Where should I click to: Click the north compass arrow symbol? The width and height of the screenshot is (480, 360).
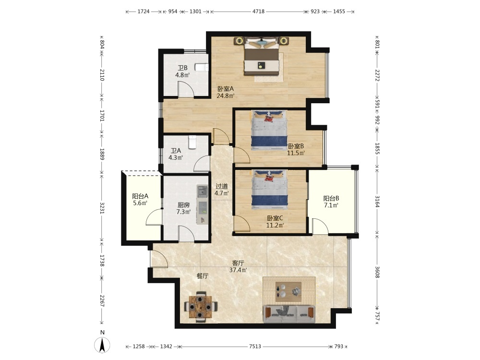102,345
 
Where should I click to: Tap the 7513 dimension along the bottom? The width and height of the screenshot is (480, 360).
255,347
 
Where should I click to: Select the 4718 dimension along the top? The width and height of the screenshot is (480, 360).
258,12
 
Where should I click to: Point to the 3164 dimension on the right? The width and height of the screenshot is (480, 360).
377,202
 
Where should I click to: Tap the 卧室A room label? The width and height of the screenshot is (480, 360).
226,88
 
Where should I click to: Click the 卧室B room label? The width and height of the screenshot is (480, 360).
296,146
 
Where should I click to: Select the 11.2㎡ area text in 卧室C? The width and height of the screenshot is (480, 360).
275,226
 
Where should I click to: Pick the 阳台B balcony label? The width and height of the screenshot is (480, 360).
331,198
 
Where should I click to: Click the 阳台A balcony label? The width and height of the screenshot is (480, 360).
140,196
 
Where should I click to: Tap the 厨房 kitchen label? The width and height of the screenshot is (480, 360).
184,205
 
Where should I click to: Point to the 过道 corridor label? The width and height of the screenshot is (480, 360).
222,186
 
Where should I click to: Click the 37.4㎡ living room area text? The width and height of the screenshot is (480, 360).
238,270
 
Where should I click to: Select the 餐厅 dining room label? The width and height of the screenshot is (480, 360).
203,276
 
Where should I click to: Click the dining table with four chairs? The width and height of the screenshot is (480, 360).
201,306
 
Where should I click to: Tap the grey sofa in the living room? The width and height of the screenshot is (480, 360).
289,314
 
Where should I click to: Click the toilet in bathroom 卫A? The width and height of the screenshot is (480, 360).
192,142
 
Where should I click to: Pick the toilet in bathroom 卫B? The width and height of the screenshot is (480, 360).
202,67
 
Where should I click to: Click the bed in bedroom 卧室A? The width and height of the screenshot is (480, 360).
262,56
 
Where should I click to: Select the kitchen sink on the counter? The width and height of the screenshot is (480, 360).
202,192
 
